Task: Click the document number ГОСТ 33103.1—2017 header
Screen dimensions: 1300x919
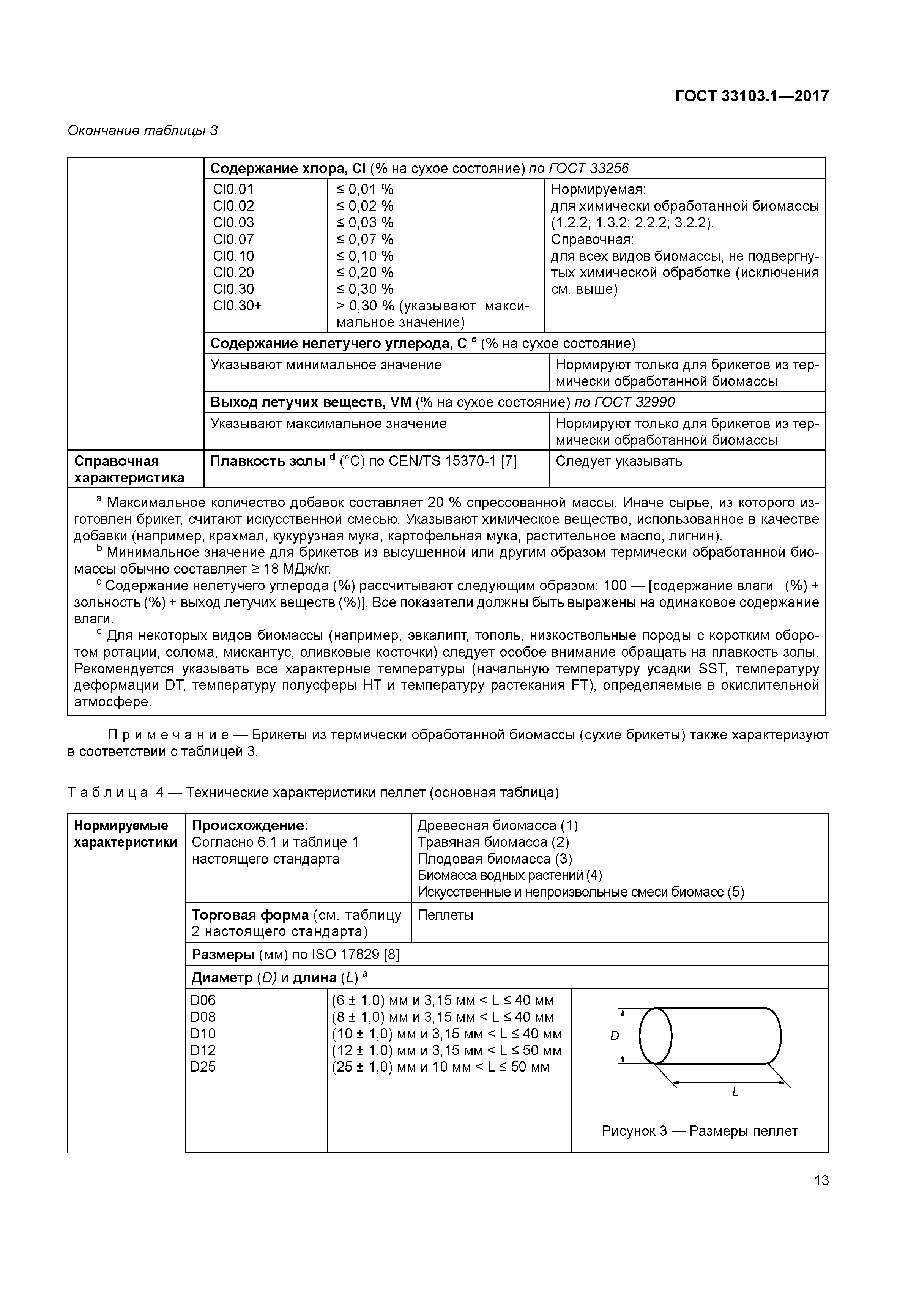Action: tap(751, 96)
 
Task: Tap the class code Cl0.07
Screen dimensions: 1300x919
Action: tap(233, 239)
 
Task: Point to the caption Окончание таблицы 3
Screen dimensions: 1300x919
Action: tap(143, 131)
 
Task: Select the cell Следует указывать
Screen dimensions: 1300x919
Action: tap(619, 462)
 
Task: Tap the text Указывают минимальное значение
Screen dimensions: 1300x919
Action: tap(326, 365)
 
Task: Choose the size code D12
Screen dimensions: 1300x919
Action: tap(203, 1050)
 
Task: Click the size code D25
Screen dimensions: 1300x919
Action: tap(203, 1067)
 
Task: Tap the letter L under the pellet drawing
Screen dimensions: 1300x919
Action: tap(735, 1093)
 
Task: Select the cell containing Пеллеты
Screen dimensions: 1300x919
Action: tap(445, 916)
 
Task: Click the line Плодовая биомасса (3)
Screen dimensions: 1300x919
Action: tap(494, 859)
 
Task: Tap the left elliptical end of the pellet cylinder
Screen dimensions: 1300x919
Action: tap(655, 1036)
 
